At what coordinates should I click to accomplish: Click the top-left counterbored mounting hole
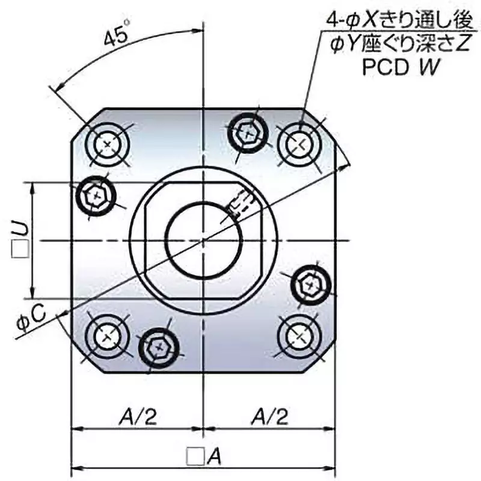point(108,145)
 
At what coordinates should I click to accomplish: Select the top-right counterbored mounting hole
point(299,144)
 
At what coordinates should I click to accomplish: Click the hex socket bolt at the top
point(247,130)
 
